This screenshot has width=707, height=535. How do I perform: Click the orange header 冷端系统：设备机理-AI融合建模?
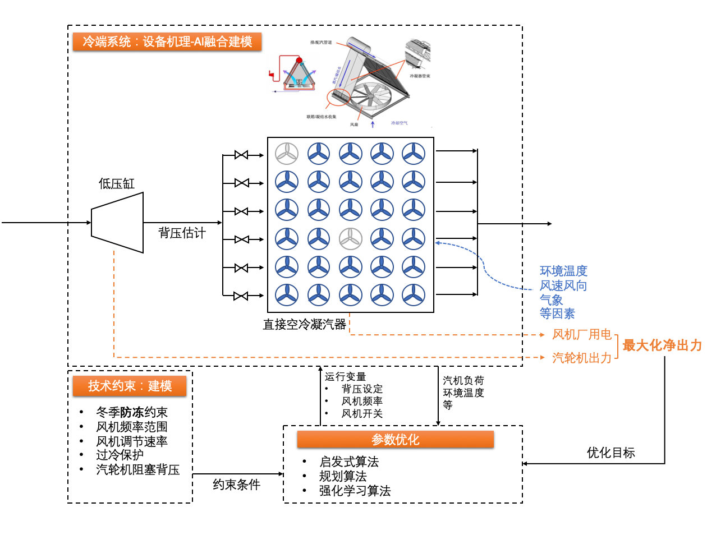pyautogui.click(x=167, y=42)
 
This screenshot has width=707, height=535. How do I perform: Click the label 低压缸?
pyautogui.click(x=117, y=183)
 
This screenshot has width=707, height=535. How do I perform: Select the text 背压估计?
pyautogui.click(x=182, y=233)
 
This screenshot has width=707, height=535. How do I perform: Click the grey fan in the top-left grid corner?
pyautogui.click(x=287, y=153)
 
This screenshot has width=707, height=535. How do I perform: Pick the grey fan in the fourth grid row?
pyautogui.click(x=351, y=239)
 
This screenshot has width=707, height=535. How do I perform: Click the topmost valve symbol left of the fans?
pyautogui.click(x=241, y=155)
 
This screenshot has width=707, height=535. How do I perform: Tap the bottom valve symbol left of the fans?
pyautogui.click(x=241, y=296)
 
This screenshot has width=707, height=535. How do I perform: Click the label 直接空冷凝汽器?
pyautogui.click(x=305, y=324)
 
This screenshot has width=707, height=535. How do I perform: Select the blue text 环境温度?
pyautogui.click(x=563, y=271)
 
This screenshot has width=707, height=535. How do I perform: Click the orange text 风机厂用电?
pyautogui.click(x=581, y=335)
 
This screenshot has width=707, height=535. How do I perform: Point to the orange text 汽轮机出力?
pyautogui.click(x=581, y=358)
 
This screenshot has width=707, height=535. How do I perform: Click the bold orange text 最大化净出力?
pyautogui.click(x=662, y=345)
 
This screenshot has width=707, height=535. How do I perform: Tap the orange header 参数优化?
pyautogui.click(x=395, y=440)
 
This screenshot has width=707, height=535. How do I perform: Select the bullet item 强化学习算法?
pyautogui.click(x=355, y=491)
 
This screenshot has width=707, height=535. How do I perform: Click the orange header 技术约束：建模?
pyautogui.click(x=130, y=386)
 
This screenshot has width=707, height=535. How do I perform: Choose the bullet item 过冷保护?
pyautogui.click(x=120, y=455)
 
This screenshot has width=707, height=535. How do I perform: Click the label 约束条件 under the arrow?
pyautogui.click(x=236, y=485)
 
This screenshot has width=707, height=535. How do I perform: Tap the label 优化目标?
pyautogui.click(x=610, y=453)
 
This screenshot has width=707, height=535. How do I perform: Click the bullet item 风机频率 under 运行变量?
pyautogui.click(x=362, y=402)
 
